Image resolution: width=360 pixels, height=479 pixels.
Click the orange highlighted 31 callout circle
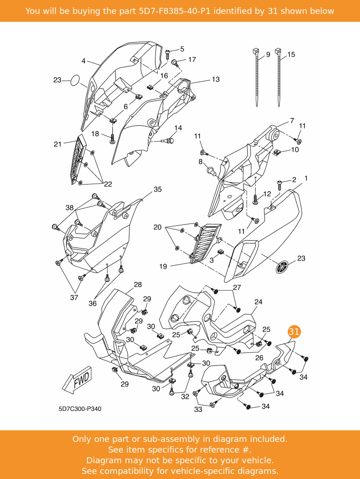294,332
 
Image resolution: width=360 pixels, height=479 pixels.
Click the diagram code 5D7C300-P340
80,409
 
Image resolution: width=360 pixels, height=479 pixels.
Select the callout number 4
84,61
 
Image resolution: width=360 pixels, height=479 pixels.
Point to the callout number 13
216,79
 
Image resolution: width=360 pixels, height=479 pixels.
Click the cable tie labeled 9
257,79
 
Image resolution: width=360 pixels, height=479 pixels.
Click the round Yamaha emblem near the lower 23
282,267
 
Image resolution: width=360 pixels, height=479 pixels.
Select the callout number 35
158,189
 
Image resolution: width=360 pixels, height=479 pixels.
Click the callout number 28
138,285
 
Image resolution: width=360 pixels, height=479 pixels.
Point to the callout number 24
258,302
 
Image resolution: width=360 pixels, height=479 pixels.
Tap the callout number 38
69,208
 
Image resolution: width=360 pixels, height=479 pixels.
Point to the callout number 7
292,121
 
